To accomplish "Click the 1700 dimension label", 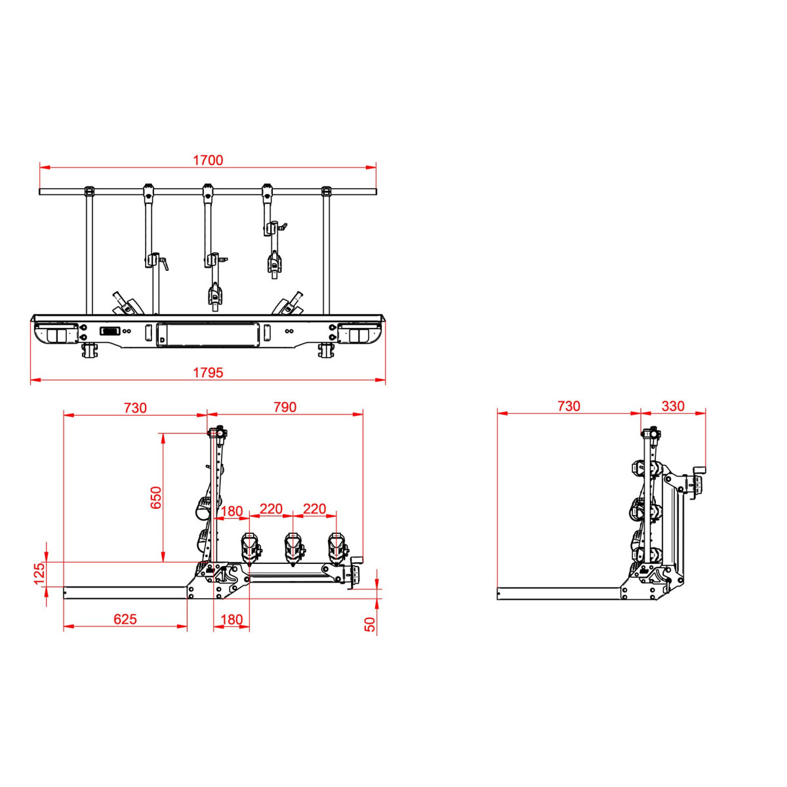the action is coord(208,161).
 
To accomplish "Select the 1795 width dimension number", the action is coord(208,373).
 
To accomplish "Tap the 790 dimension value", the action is coord(285,407).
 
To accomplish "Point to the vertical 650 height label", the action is coord(155,497).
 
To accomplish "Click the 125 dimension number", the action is coord(39,574).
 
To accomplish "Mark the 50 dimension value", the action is coord(369,624).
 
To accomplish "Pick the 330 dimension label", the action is coord(673,406).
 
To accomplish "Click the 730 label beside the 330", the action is coord(569,406).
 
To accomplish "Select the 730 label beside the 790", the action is coord(135,408).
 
